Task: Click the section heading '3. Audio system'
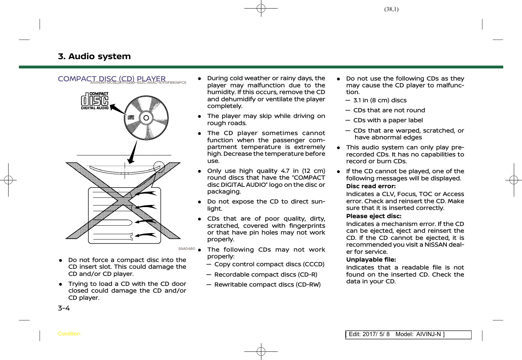(x=94, y=56)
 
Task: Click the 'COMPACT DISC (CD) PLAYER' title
(x=112, y=78)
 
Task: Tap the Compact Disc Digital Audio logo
(x=94, y=101)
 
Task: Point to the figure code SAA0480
(x=186, y=248)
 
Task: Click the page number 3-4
(x=64, y=308)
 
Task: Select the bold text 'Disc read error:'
(x=371, y=186)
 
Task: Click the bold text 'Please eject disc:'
(x=374, y=216)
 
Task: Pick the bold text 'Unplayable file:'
(x=371, y=259)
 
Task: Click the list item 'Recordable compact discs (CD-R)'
(x=266, y=274)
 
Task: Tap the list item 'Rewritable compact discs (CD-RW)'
(x=267, y=284)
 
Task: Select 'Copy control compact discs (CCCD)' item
(x=269, y=264)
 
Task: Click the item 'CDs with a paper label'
(x=388, y=120)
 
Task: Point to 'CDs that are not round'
(x=389, y=110)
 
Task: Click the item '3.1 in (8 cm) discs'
(x=380, y=100)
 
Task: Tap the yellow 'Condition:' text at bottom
(x=69, y=334)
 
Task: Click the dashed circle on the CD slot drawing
(x=159, y=167)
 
